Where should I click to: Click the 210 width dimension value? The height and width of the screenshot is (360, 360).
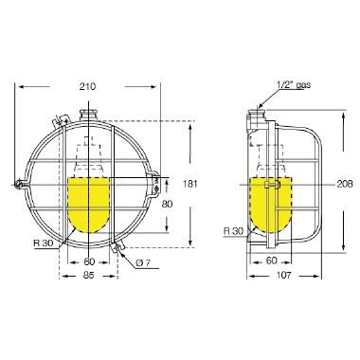[89, 87]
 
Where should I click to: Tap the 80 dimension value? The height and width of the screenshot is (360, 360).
[166, 203]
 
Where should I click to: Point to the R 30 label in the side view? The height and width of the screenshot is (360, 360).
[233, 231]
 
